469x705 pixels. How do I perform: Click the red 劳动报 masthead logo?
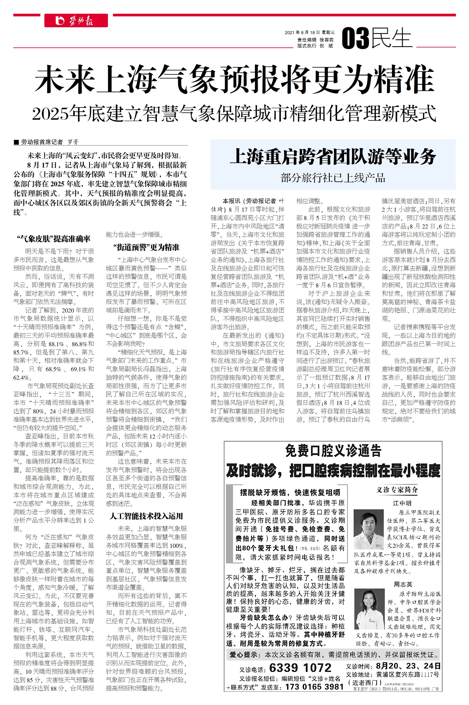tap(76, 21)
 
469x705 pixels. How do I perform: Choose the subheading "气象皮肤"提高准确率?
tap(54, 239)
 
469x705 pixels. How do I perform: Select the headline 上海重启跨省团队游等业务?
tap(333, 157)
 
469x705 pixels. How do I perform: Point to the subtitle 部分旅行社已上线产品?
tap(333, 178)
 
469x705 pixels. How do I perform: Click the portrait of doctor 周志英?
tap(369, 609)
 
